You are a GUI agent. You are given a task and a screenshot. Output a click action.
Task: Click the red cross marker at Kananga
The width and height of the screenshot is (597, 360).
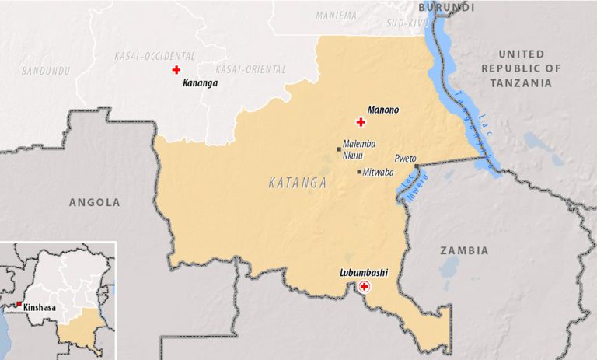coord(176,70)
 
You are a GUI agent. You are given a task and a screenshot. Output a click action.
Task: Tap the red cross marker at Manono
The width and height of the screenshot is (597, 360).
coord(360,122)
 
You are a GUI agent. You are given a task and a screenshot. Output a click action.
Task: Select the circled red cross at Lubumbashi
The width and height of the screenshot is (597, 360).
coord(363,287)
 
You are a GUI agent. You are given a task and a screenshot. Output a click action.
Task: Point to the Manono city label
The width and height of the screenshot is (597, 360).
coord(382,110)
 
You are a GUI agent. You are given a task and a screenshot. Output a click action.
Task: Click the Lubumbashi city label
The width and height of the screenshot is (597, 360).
coord(364,273)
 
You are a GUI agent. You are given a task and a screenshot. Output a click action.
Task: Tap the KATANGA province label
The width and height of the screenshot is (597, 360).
coord(297,183)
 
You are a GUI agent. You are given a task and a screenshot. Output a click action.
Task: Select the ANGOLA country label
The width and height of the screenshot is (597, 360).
coord(95,202)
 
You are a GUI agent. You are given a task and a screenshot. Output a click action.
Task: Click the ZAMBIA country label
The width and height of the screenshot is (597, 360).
coord(464,250)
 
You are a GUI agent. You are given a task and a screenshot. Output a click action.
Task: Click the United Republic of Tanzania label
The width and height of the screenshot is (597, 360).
coord(520,68)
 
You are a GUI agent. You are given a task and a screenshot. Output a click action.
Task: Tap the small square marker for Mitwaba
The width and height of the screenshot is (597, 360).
coord(358,172)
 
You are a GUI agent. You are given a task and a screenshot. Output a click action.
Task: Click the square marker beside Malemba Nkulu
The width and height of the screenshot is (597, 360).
coord(339,149)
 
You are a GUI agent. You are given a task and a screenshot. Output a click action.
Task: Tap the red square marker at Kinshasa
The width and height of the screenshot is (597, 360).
coord(19,304)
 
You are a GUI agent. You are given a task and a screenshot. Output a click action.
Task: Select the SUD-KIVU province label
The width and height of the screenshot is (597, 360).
coord(407,24)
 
